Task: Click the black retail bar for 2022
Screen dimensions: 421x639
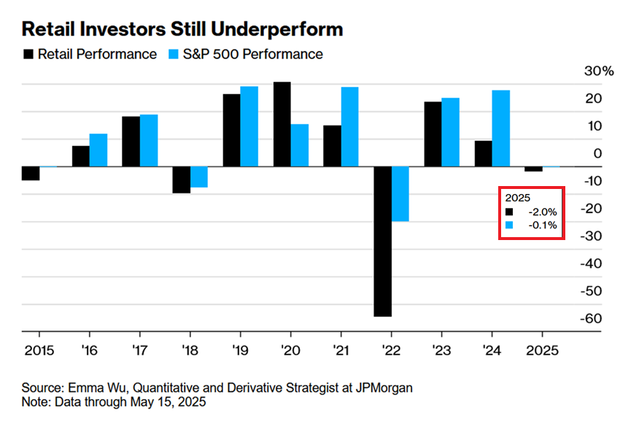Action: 383,241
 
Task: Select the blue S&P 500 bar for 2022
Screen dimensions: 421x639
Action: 400,193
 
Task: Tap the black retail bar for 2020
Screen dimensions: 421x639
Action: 282,124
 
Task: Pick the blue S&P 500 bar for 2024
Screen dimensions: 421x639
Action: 501,128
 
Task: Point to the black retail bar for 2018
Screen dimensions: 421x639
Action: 181,179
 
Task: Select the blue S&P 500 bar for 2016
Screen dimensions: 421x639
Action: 98,150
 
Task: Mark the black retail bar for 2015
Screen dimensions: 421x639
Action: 31,173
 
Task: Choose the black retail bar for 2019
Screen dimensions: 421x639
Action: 231,130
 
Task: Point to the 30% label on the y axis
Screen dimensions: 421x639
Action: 600,72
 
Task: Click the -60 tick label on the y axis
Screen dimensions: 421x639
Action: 592,319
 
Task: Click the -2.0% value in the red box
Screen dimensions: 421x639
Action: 542,212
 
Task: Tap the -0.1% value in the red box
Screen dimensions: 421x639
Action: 542,225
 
